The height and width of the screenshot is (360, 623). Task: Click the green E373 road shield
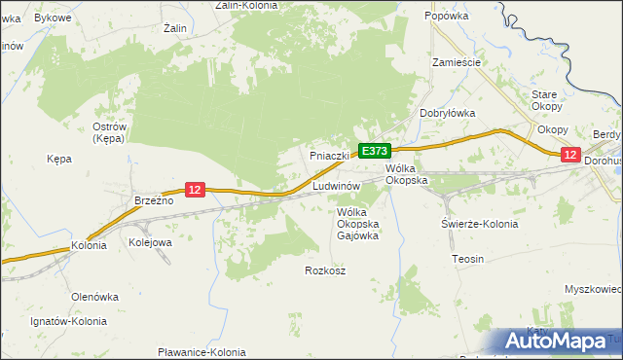pyautogui.click(x=375, y=151)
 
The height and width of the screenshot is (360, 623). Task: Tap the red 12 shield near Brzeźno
pyautogui.click(x=195, y=190)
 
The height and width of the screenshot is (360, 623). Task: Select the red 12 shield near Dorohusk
pyautogui.click(x=570, y=155)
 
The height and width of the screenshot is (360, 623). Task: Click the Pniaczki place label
pyautogui.click(x=329, y=156)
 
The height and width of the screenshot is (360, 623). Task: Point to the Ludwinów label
pyautogui.click(x=337, y=185)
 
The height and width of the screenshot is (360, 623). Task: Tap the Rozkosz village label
pyautogui.click(x=325, y=270)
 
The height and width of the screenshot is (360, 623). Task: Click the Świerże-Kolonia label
pyautogui.click(x=479, y=224)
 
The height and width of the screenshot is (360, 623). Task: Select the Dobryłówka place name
pyautogui.click(x=447, y=113)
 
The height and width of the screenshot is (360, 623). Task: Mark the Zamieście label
pyautogui.click(x=457, y=61)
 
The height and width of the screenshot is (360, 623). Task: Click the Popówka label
pyautogui.click(x=448, y=17)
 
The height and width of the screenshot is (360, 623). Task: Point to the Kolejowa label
pyautogui.click(x=150, y=241)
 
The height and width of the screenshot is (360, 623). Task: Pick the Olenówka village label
pyautogui.click(x=94, y=296)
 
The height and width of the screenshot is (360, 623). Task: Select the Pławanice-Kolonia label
pyautogui.click(x=202, y=352)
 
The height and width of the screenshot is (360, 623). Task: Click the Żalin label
pyautogui.click(x=175, y=29)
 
